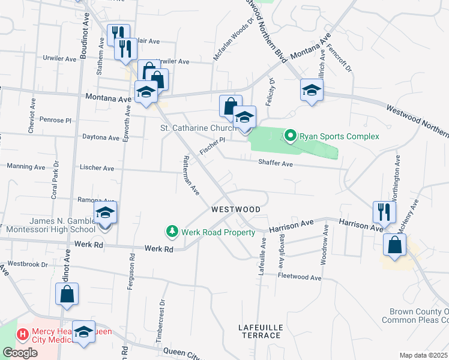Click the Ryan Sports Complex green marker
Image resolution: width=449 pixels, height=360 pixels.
click(291, 136)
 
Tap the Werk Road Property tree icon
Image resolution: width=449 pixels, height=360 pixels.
click(172, 232)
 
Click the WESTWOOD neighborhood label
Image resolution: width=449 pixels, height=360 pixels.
click(236, 209)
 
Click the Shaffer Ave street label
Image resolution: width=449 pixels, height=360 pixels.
click(276, 163)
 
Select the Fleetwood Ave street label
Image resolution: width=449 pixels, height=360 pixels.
click(300, 277)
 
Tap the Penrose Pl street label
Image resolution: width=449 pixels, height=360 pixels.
click(55, 120)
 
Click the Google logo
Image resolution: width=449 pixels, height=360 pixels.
click(20, 353)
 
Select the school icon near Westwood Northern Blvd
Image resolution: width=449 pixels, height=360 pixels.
click(311, 91)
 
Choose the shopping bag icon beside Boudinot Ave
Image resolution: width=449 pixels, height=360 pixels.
click(67, 293)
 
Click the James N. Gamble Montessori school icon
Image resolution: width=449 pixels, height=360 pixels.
click(105, 213)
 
